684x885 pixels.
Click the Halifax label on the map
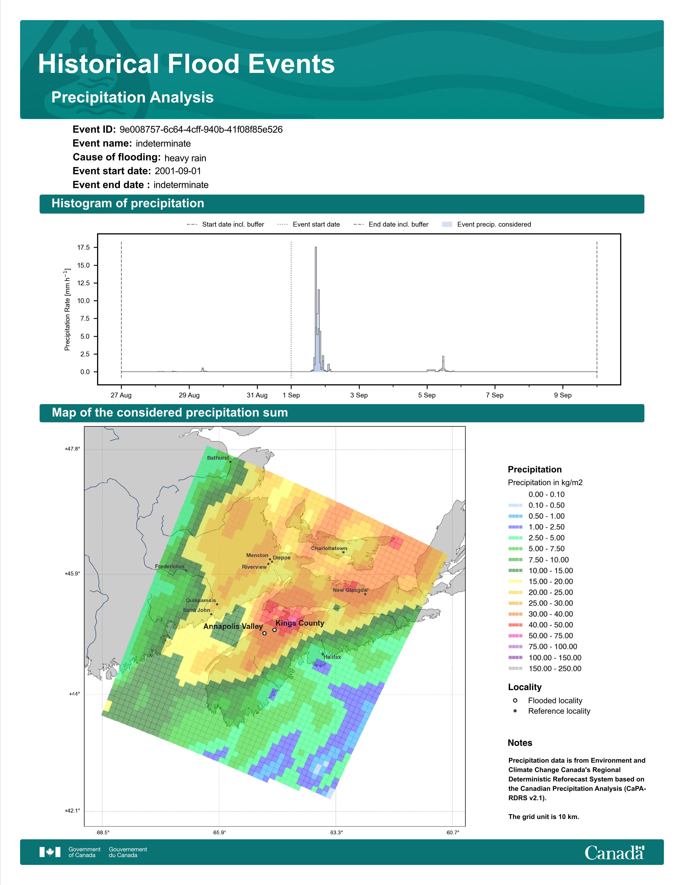click(332, 657)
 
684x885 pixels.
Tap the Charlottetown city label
click(329, 548)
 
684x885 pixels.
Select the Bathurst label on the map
click(218, 458)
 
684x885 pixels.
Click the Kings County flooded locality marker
click(274, 630)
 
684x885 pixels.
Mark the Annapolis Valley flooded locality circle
click(264, 633)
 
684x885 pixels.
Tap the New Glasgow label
click(350, 590)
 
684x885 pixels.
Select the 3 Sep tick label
click(359, 395)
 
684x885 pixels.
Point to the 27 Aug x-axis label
click(121, 395)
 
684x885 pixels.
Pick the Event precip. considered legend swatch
click(447, 224)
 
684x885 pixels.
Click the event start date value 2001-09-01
click(178, 171)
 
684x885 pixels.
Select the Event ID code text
click(201, 130)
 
